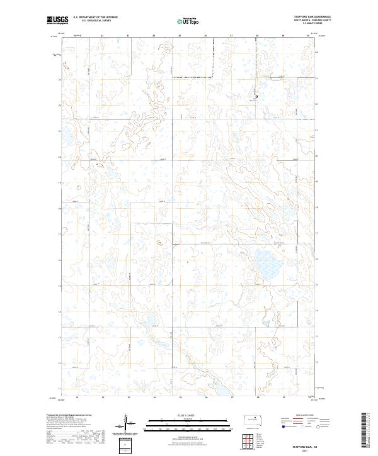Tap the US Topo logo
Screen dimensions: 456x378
click(188, 21)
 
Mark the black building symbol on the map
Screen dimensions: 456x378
click(256, 96)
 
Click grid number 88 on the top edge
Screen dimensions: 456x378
click(257, 36)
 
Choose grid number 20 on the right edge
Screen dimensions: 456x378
click(316, 157)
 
